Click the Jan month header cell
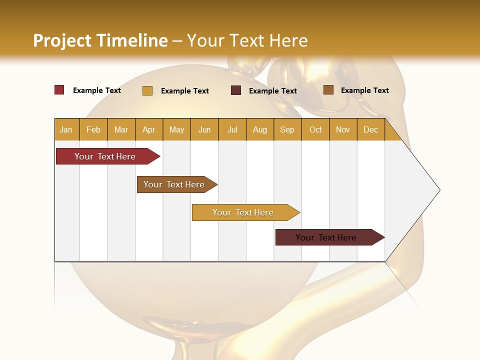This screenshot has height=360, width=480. tap(66, 129)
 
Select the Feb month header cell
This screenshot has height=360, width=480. tap(93, 129)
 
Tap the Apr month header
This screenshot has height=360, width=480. tap(149, 129)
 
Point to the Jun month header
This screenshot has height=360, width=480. tap(204, 129)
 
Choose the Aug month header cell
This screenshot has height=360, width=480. tap(260, 129)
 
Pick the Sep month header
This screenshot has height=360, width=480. tap(287, 129)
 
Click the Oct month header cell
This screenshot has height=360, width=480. tap(315, 129)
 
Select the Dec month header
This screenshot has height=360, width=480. tap(371, 129)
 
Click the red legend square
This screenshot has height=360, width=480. tap(59, 90)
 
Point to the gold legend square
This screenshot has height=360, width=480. tap(147, 90)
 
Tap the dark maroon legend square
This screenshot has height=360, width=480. tap(236, 90)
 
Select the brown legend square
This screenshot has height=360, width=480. tap(328, 90)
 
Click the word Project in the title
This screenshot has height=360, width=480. tap(62, 40)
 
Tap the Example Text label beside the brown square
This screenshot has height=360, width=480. tap(364, 90)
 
